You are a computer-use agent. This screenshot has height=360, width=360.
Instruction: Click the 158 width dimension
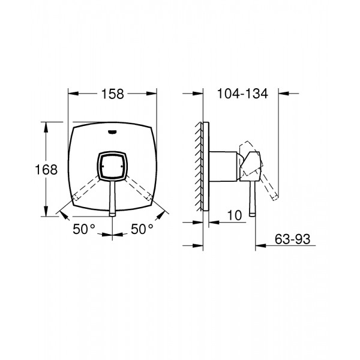tap(113, 94)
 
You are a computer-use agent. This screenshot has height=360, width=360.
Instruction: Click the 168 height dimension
tap(46, 170)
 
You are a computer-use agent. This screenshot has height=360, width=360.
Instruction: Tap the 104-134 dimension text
tap(242, 94)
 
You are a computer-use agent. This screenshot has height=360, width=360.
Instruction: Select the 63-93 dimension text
tap(292, 239)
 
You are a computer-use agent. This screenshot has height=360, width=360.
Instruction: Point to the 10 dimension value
tap(235, 215)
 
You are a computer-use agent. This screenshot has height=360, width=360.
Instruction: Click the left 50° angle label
tap(84, 229)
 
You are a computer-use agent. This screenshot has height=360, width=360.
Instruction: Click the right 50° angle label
tap(142, 229)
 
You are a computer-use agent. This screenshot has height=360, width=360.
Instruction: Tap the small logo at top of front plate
tap(112, 131)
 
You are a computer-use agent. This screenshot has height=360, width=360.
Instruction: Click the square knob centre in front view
tap(112, 166)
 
